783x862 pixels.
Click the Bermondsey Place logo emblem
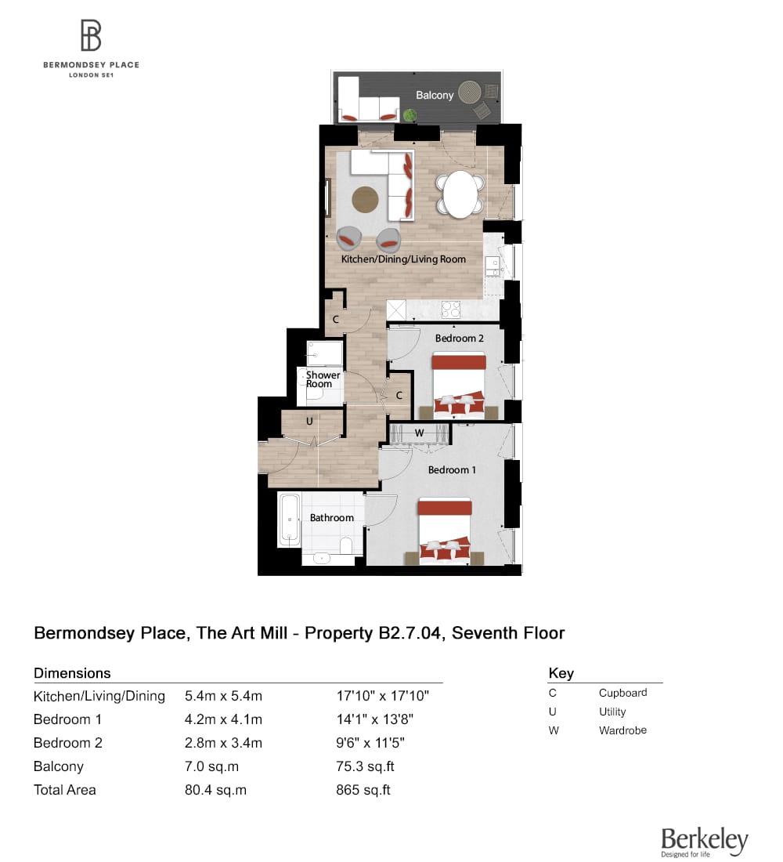pyautogui.click(x=91, y=36)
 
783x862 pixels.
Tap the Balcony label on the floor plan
pyautogui.click(x=435, y=95)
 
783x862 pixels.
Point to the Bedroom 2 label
pyautogui.click(x=460, y=338)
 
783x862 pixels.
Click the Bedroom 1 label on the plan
pyautogui.click(x=452, y=469)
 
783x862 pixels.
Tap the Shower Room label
pyautogui.click(x=323, y=379)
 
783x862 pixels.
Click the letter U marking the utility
pyautogui.click(x=309, y=421)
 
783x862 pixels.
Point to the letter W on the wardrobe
pyautogui.click(x=419, y=432)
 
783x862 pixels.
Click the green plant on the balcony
pyautogui.click(x=410, y=115)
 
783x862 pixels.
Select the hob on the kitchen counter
pyautogui.click(x=450, y=310)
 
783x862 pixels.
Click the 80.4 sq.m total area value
pyautogui.click(x=215, y=790)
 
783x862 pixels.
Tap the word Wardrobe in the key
pyautogui.click(x=622, y=730)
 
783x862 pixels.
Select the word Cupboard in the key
pyautogui.click(x=622, y=693)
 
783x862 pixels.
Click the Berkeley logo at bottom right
pyautogui.click(x=704, y=842)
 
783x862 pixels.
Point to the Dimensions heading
pyautogui.click(x=72, y=673)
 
